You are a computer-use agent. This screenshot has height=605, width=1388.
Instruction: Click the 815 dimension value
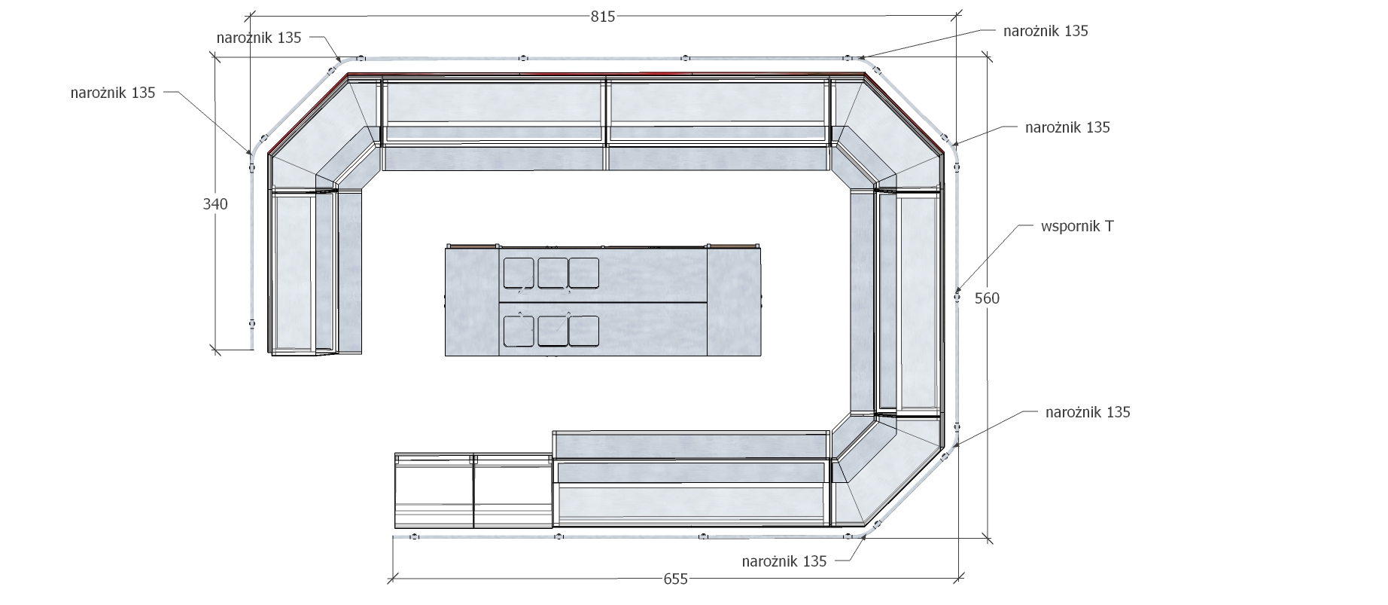point(603,17)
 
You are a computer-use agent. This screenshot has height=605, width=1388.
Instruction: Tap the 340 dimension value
point(215,204)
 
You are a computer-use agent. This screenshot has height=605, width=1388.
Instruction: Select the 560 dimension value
point(987,298)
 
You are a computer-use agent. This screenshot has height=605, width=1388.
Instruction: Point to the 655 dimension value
point(675,579)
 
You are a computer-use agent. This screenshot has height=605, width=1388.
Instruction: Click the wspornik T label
point(1077,226)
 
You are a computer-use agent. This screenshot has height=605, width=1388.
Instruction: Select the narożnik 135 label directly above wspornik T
point(1067,127)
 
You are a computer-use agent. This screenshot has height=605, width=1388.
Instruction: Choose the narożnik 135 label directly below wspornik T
point(1088,412)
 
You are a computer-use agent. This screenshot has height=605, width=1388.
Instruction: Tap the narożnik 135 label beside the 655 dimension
point(784,561)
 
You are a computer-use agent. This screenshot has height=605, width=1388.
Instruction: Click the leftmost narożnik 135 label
point(113,93)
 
